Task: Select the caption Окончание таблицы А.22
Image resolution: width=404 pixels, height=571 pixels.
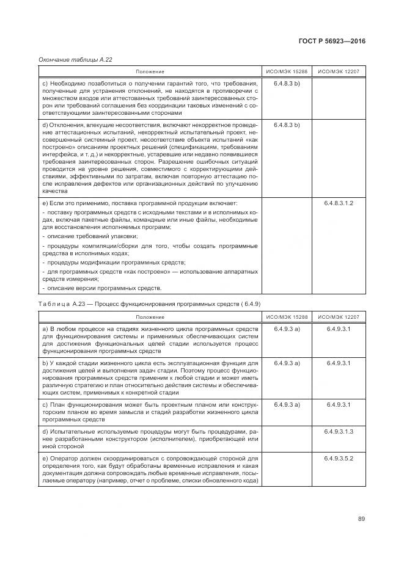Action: tap(75, 60)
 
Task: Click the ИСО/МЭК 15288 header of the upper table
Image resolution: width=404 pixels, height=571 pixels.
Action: tap(287, 72)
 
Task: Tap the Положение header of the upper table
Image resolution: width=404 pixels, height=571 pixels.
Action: tap(150, 72)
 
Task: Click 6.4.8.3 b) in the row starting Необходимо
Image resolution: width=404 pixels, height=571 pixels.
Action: tap(287, 82)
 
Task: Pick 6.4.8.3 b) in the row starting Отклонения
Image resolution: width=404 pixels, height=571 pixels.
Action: tap(287, 125)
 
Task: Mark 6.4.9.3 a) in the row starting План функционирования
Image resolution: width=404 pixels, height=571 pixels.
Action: tap(287, 405)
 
